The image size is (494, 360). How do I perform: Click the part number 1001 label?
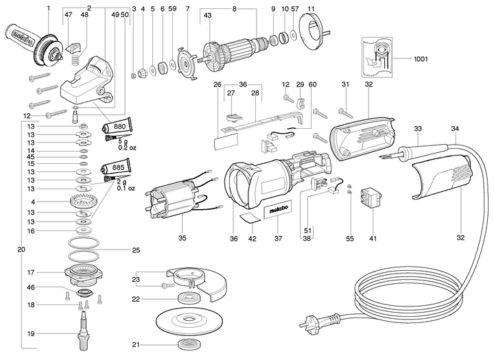tap(421, 59)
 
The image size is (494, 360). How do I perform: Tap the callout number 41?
tap(373, 239)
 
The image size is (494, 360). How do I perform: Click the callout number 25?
tap(136, 250)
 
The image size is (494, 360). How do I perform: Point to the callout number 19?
tap(30, 333)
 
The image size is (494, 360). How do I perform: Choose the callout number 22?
tap(136, 298)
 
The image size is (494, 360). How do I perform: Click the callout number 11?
tap(311, 8)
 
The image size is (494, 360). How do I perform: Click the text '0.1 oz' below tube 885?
tap(126, 188)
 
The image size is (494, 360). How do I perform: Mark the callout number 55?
tap(350, 239)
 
